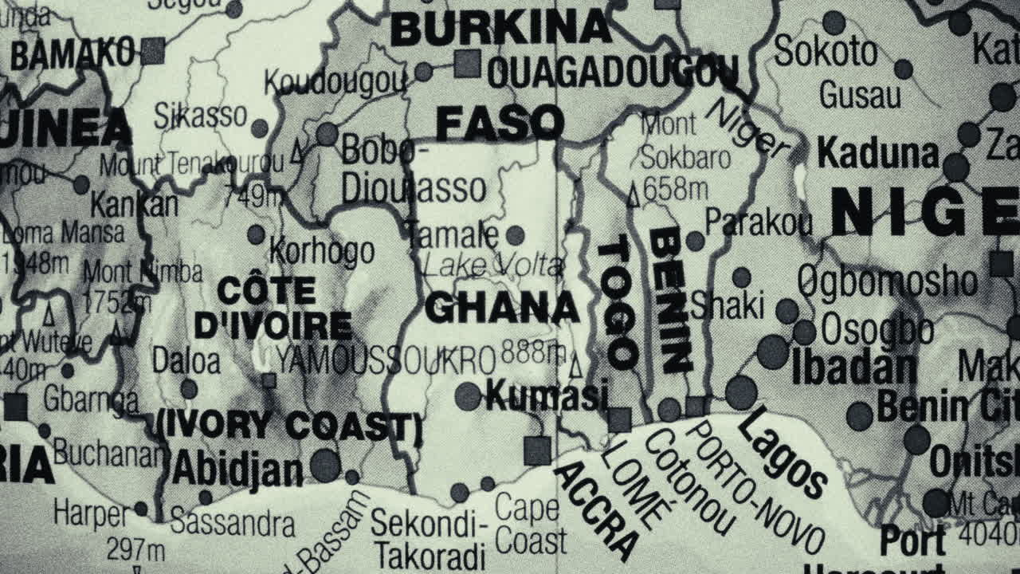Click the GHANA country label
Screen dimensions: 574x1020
click(x=501, y=308)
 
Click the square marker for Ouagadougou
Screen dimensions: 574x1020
click(x=468, y=64)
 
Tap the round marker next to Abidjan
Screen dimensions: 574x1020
click(x=324, y=465)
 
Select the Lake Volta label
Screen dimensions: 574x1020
click(x=492, y=265)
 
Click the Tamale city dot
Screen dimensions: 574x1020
click(x=516, y=235)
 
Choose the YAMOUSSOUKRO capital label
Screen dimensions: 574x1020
click(x=386, y=360)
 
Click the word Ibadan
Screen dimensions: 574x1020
click(x=853, y=368)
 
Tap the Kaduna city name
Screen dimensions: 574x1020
click(x=878, y=152)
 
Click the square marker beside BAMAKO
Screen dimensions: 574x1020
click(x=152, y=51)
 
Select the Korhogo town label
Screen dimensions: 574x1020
click(x=322, y=250)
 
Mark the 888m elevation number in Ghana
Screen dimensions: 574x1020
click(x=534, y=351)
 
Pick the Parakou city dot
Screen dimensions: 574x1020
click(x=696, y=241)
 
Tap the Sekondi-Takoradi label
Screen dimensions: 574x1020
click(x=430, y=539)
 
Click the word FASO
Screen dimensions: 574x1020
click(x=500, y=124)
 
